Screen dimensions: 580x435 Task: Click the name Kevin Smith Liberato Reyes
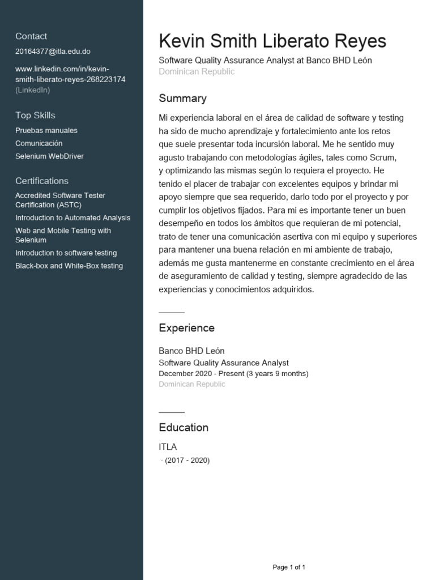(x=272, y=41)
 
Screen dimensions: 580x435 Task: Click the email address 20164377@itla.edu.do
(x=53, y=52)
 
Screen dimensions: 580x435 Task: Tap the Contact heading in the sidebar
(x=31, y=36)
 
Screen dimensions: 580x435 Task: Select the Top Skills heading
(x=35, y=116)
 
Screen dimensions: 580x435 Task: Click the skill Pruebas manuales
(x=46, y=130)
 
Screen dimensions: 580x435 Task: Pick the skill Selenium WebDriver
(x=49, y=156)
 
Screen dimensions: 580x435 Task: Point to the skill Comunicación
(x=39, y=143)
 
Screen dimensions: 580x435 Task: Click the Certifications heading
(x=42, y=181)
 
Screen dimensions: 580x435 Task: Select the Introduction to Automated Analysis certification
(x=72, y=217)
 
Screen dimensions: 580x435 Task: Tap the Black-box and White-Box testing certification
(x=69, y=266)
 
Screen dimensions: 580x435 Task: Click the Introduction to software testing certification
(x=66, y=253)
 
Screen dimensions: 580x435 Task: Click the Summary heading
(x=182, y=99)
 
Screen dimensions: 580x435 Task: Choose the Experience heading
(x=186, y=328)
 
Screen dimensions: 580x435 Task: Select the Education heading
(x=184, y=428)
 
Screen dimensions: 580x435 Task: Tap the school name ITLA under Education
(x=168, y=447)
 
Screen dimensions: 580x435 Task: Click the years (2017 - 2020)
(x=187, y=460)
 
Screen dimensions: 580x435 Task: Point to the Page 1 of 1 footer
(x=289, y=567)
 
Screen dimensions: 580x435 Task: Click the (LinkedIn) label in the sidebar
(x=32, y=89)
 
